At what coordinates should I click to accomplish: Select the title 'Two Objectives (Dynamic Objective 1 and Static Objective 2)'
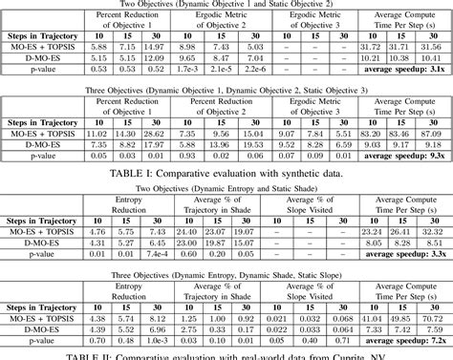coord(224,5)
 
